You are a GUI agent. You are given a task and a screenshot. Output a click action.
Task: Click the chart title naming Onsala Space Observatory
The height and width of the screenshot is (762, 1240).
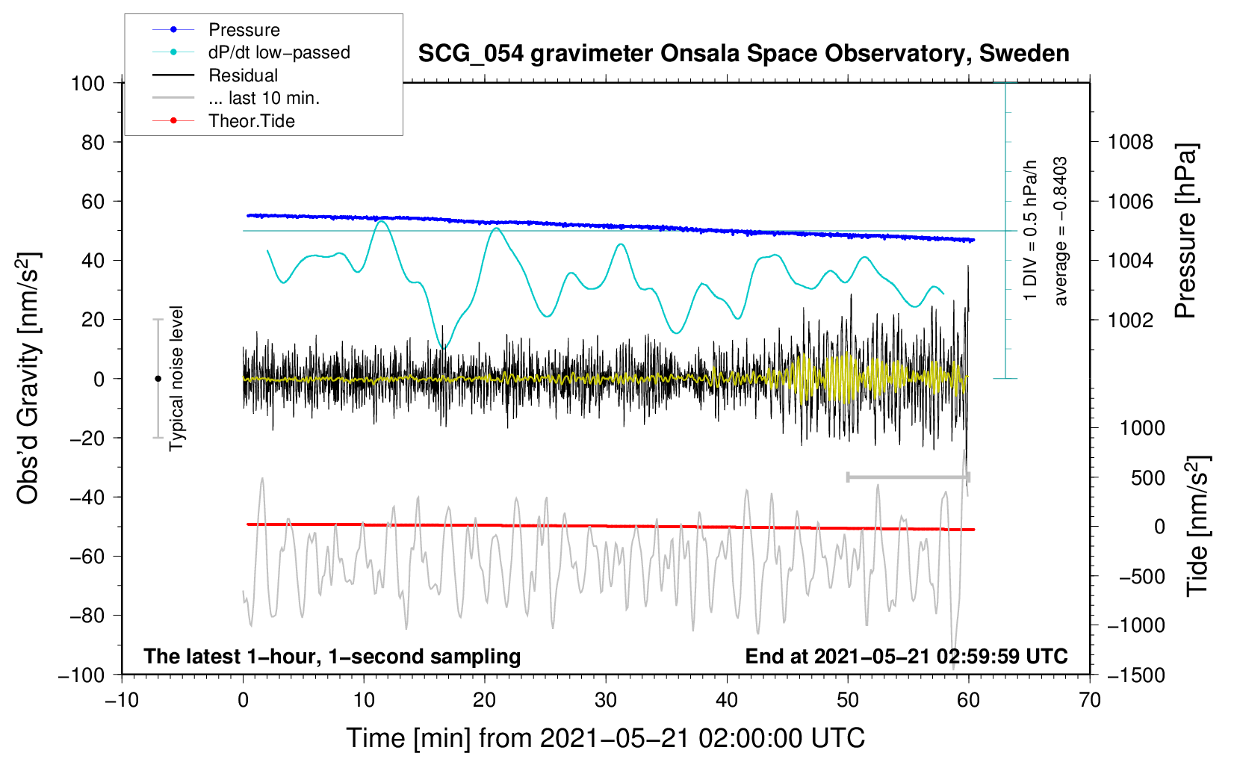743,54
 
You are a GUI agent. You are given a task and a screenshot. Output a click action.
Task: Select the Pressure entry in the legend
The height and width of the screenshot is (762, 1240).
244,30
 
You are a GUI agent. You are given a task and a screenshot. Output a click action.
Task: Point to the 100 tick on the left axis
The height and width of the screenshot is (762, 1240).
88,84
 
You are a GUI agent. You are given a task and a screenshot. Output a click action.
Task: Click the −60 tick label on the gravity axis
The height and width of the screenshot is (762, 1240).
87,557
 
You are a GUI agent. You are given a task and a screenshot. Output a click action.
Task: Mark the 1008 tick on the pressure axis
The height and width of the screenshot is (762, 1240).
1130,143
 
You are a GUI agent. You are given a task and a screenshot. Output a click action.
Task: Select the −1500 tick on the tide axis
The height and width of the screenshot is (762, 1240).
1136,675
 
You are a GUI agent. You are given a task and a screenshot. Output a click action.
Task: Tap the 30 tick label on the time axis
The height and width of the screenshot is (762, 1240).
606,700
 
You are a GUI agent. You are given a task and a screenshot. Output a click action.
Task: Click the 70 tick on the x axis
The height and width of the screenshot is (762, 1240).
1089,700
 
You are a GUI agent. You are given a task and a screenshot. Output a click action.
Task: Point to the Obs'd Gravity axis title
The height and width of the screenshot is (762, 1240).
28,378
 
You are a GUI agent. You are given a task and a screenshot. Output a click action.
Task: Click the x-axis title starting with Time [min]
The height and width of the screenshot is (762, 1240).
606,738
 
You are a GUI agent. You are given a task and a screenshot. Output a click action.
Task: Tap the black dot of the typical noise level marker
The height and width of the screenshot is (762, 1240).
158,379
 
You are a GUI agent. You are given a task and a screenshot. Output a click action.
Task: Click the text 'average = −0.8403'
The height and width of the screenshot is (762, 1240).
1060,231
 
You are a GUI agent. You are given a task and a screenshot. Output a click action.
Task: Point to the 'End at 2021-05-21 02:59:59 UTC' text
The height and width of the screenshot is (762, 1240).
906,656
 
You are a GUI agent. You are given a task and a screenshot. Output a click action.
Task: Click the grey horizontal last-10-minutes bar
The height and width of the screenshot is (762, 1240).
908,477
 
